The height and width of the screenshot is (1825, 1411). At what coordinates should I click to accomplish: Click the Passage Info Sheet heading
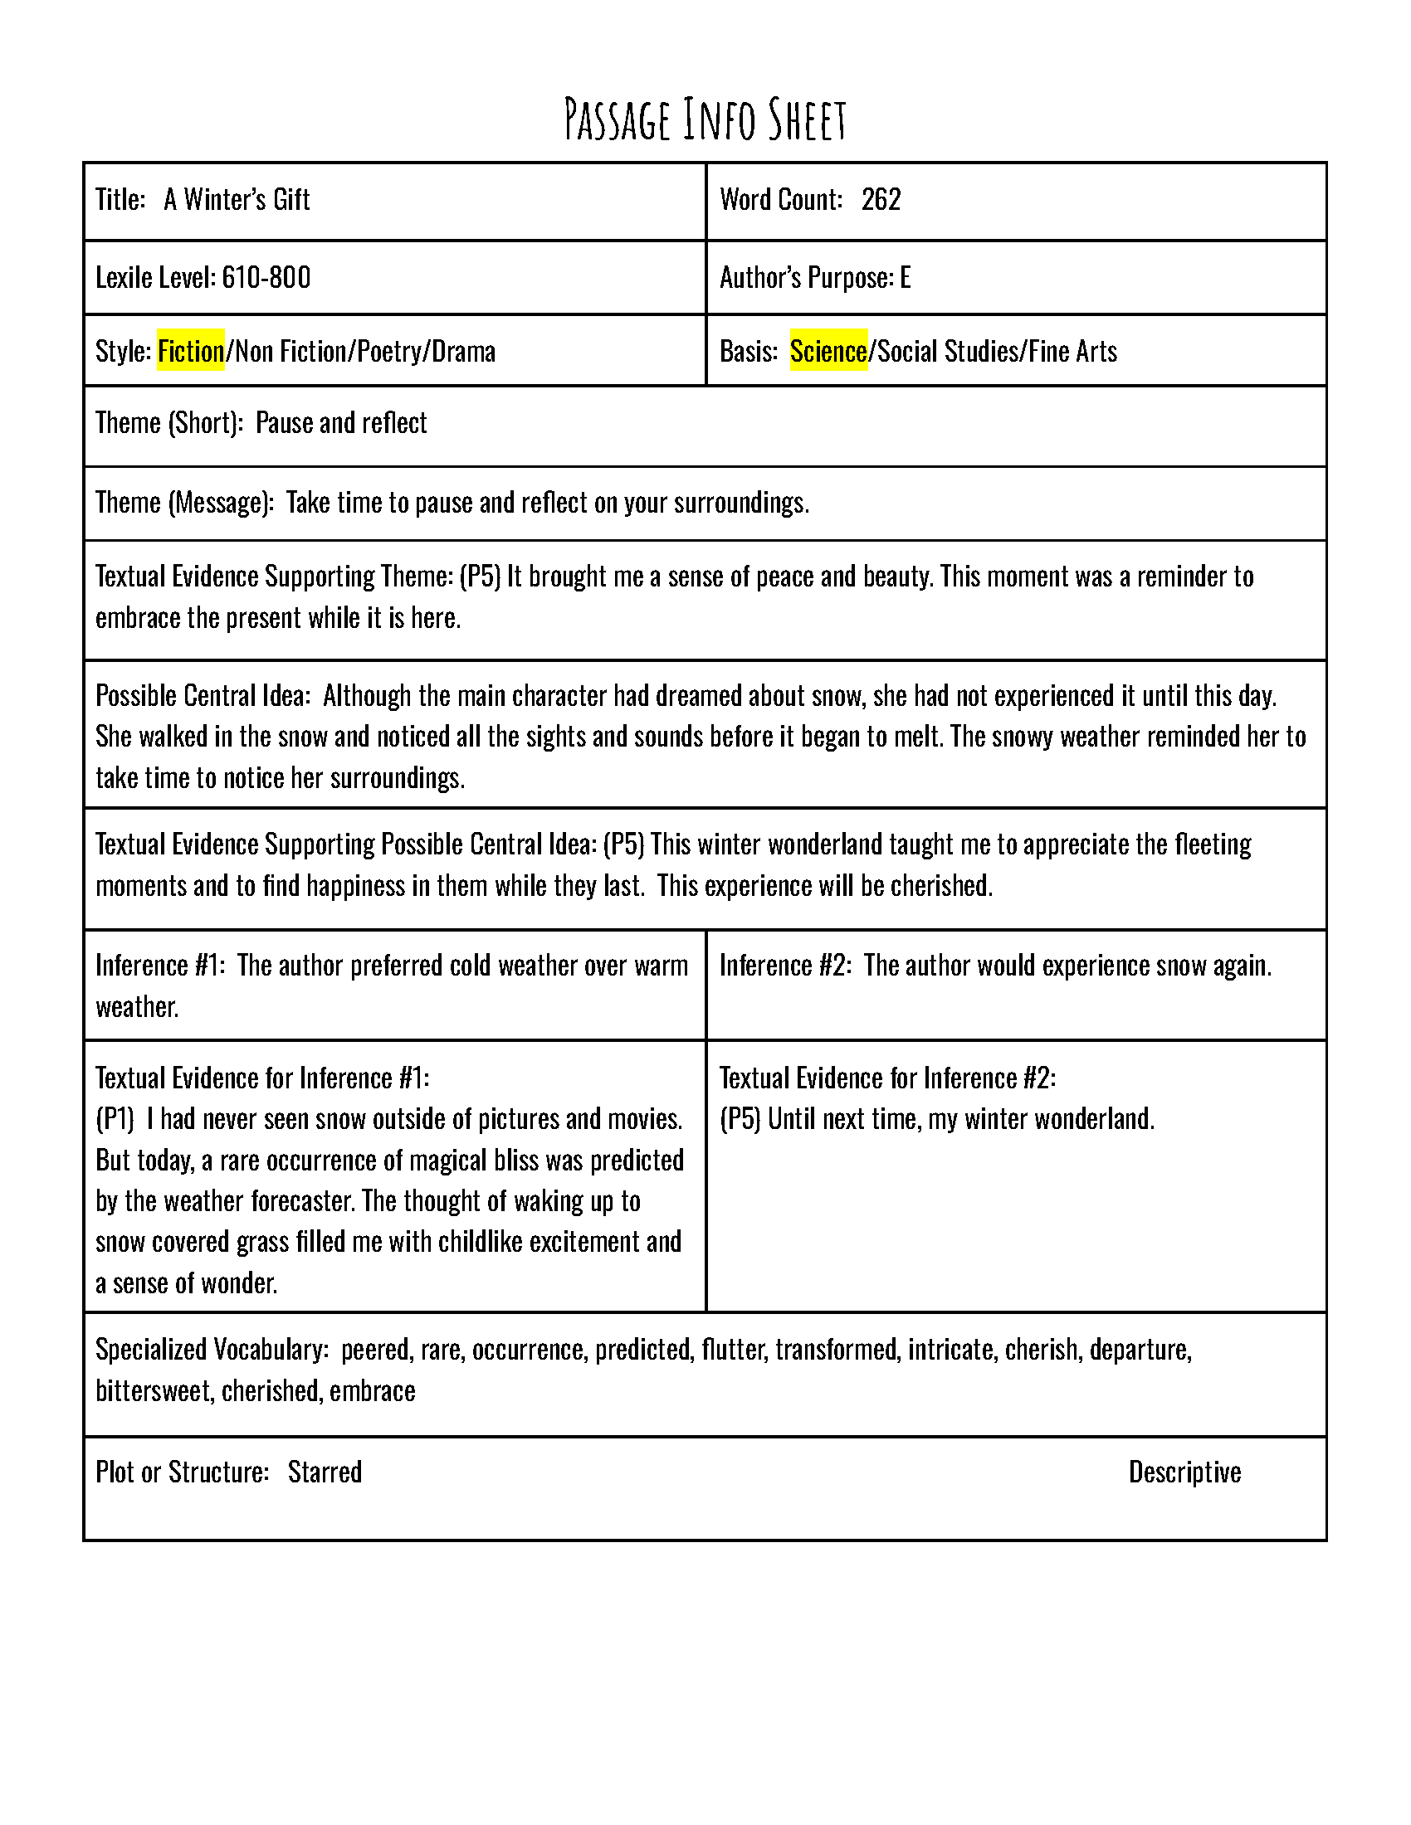705,119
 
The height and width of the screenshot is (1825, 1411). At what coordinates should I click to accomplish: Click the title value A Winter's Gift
237,200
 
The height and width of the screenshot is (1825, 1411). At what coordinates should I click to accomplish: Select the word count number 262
880,200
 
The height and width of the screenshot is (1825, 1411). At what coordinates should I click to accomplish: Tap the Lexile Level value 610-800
266,277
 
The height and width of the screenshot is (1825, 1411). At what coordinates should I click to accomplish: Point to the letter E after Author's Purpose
905,277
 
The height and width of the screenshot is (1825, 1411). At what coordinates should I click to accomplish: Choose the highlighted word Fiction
191,351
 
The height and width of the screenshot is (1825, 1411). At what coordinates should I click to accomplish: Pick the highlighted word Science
828,351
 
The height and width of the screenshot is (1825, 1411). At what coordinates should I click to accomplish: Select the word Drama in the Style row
463,351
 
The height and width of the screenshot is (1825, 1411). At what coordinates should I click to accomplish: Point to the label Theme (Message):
184,502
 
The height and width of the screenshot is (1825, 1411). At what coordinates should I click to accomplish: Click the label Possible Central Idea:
203,695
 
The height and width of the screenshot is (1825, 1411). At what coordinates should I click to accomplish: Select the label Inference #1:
159,965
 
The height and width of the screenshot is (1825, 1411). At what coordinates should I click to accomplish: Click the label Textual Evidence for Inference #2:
887,1078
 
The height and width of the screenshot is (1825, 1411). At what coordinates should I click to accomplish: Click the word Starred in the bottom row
325,1472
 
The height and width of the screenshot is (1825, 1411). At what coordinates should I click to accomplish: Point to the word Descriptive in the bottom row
1184,1472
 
